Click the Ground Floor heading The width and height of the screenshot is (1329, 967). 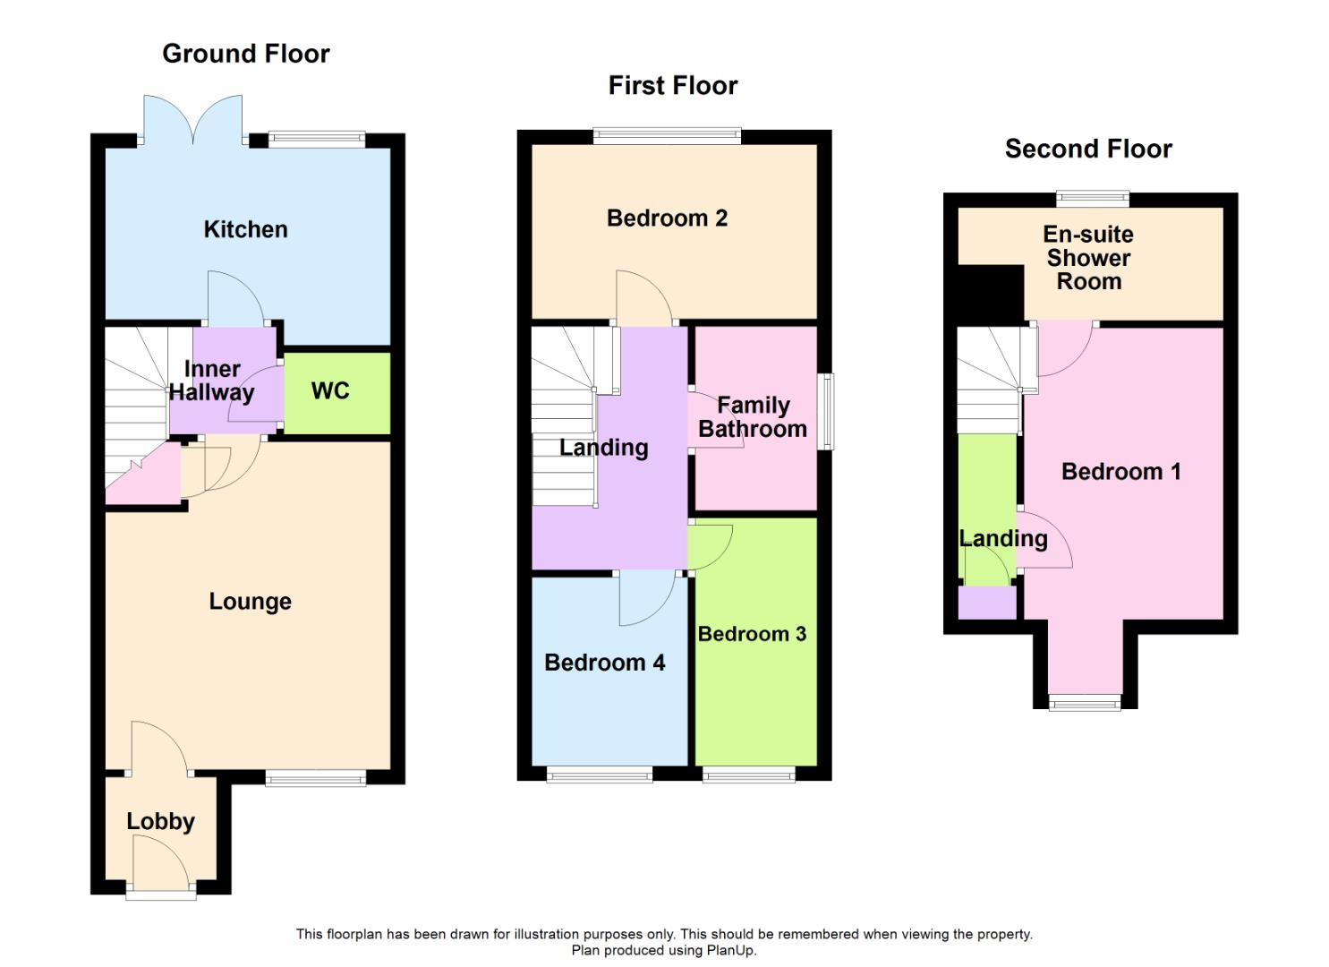246,54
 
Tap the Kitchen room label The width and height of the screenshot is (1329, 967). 245,229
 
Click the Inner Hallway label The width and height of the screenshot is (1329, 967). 212,381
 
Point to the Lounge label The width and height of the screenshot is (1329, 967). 250,601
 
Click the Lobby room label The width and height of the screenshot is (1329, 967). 160,821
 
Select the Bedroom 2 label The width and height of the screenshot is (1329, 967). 667,218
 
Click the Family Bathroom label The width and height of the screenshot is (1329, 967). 753,417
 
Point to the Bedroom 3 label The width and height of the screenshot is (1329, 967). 752,634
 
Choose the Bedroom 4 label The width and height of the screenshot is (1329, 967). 604,663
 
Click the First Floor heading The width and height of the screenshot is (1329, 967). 673,85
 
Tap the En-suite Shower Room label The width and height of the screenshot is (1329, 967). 1088,258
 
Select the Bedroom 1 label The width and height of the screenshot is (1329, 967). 1120,471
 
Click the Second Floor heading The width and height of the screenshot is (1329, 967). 1088,149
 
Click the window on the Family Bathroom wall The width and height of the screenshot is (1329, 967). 828,411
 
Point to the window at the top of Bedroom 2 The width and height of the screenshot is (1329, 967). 667,136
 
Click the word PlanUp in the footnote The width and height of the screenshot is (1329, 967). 731,951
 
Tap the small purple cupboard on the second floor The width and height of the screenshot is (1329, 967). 987,603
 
